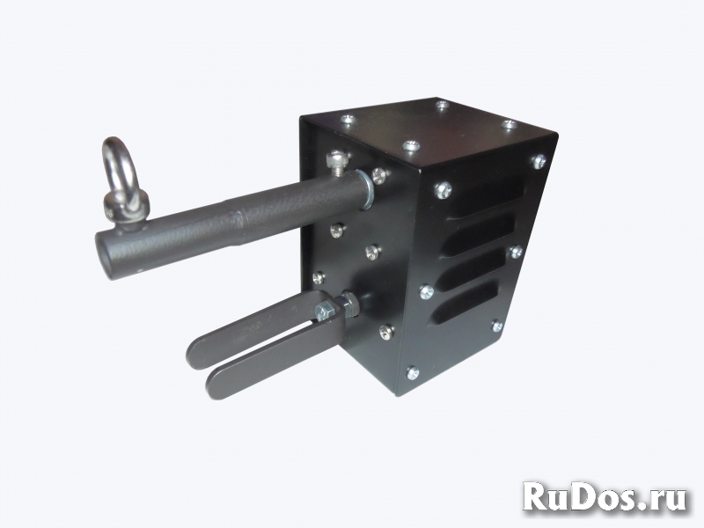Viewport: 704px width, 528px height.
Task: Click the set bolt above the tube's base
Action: [x=338, y=163]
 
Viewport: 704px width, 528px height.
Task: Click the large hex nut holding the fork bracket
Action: [x=348, y=304]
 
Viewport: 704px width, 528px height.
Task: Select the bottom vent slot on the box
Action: [x=464, y=303]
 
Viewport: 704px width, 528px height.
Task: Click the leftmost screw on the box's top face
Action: [x=347, y=120]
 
